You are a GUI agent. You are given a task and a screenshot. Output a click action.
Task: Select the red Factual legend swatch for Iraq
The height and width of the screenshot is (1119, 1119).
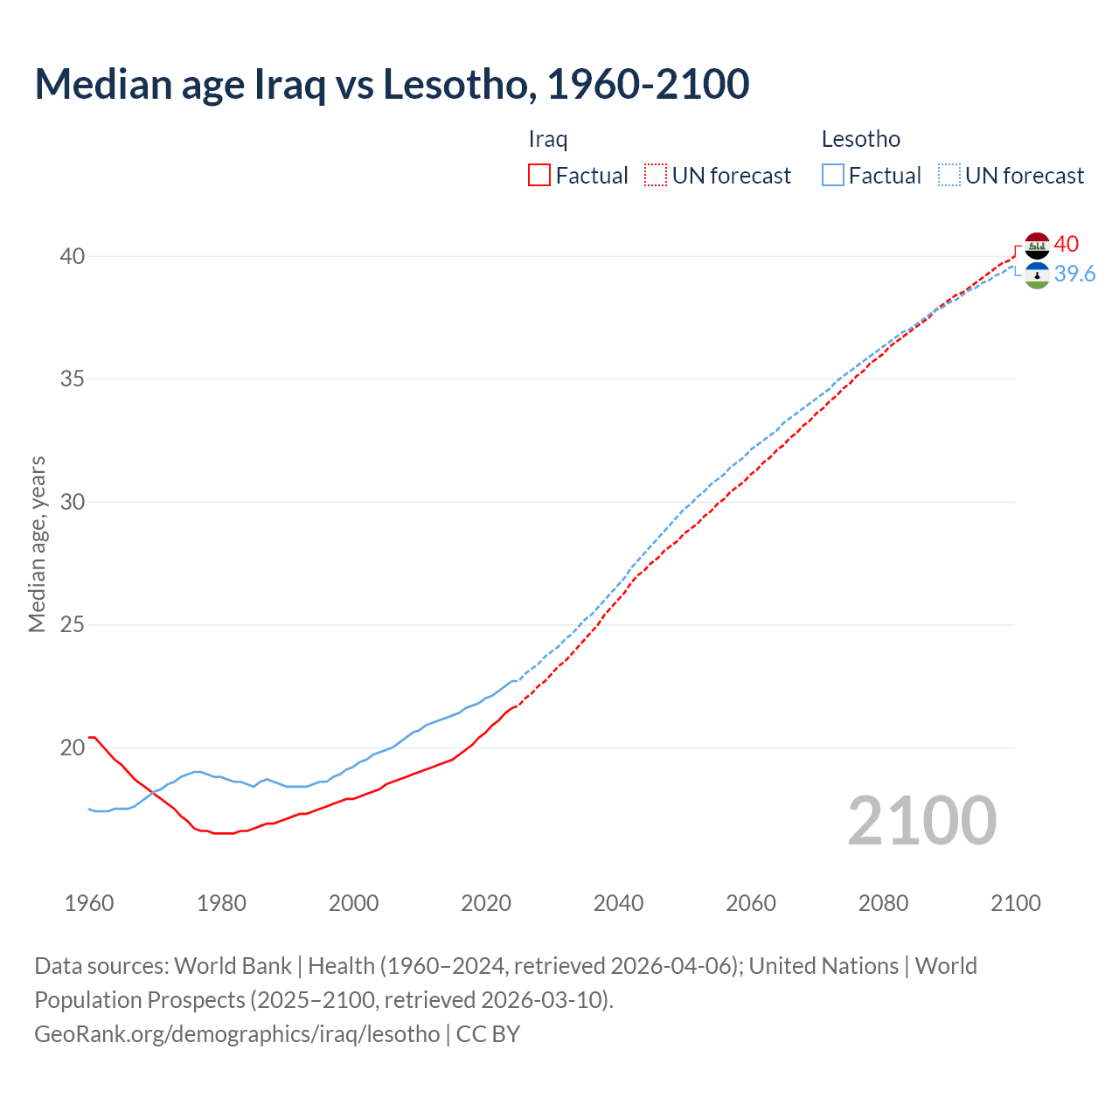(x=539, y=176)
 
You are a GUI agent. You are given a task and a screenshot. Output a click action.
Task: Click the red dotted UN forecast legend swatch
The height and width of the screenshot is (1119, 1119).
(x=656, y=176)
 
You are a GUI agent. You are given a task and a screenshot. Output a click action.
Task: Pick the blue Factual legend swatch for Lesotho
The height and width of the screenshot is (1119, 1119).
(x=833, y=176)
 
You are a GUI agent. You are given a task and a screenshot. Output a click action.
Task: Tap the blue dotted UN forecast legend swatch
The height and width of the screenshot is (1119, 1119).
(x=949, y=176)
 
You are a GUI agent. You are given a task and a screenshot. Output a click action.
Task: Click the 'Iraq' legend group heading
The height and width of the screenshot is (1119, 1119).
(x=548, y=139)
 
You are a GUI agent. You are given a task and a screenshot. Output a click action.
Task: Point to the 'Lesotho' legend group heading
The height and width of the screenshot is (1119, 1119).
(x=860, y=139)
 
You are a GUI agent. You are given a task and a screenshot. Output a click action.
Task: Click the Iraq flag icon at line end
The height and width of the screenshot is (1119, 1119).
(x=1037, y=246)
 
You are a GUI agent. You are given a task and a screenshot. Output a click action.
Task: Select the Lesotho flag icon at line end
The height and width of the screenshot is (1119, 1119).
(x=1037, y=275)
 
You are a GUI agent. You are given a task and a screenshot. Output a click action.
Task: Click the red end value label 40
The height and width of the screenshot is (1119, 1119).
(x=1067, y=244)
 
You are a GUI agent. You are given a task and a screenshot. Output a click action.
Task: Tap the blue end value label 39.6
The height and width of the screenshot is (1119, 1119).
(x=1074, y=275)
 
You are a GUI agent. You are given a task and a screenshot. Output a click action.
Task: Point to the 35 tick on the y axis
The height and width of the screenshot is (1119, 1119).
(x=73, y=379)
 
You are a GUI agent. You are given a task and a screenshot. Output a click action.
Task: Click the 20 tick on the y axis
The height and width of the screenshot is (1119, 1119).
(x=73, y=747)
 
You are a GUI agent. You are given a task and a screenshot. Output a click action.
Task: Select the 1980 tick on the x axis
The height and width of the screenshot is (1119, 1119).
(x=221, y=903)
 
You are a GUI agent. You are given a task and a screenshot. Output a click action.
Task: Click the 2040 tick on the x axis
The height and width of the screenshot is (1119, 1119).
(x=618, y=903)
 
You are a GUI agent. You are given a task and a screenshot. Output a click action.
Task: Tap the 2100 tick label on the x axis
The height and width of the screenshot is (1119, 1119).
(x=1016, y=903)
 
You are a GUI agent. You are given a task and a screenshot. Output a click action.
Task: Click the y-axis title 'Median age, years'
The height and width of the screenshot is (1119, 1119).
(x=37, y=544)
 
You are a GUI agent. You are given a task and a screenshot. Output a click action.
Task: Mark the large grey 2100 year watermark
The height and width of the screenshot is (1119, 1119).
(x=921, y=820)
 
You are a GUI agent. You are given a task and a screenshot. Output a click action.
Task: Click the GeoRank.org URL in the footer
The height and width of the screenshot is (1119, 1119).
(x=237, y=1034)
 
